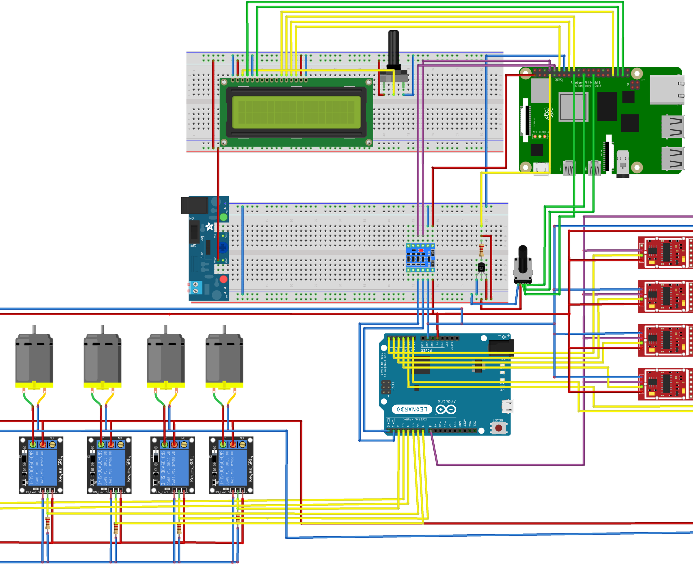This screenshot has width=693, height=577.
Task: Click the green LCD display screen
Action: pyautogui.click(x=296, y=112)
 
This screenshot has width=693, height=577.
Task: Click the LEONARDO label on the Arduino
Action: pyautogui.click(x=411, y=409)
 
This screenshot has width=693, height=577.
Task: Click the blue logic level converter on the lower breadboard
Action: pyautogui.click(x=420, y=258)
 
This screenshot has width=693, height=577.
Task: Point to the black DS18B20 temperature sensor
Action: pyautogui.click(x=481, y=267)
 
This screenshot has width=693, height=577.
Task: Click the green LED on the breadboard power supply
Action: pyautogui.click(x=223, y=217)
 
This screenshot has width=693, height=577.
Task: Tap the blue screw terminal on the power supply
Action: pyautogui.click(x=195, y=288)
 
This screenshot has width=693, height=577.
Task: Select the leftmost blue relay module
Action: pyautogui.click(x=41, y=465)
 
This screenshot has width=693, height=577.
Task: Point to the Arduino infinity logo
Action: pyautogui.click(x=446, y=409)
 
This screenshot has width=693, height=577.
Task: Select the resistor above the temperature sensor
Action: pyautogui.click(x=481, y=251)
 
